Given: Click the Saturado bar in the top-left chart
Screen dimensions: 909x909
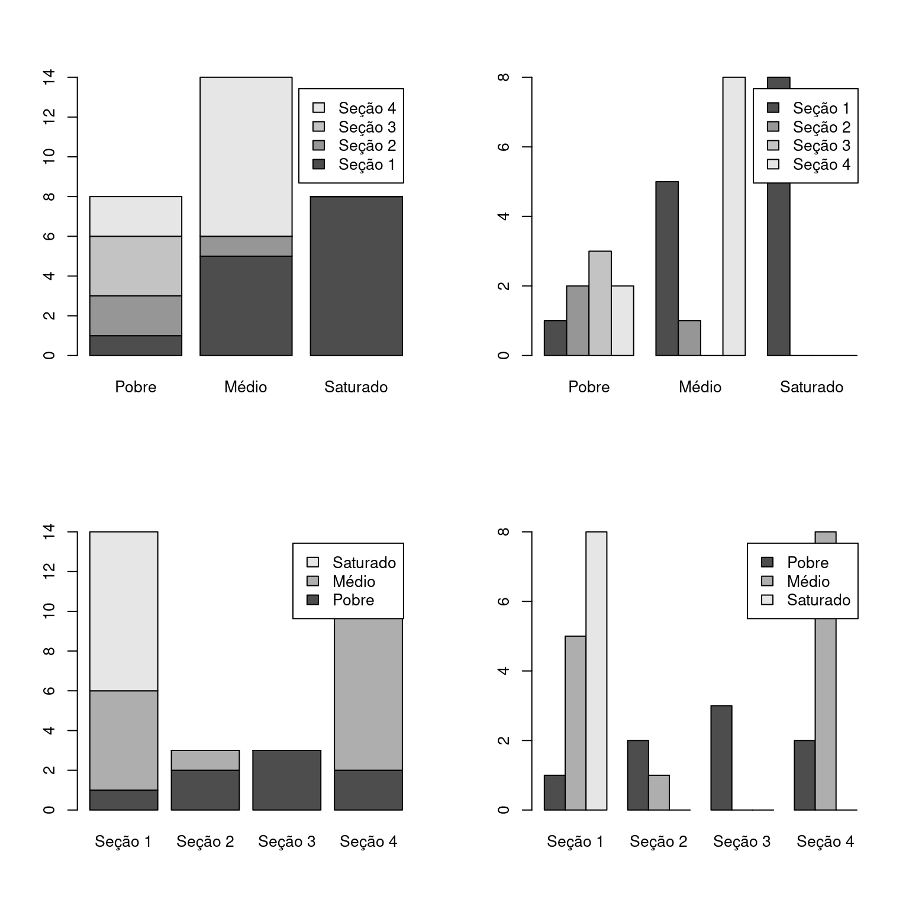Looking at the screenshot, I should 356,276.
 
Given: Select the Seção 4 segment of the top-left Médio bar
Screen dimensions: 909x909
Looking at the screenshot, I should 246,157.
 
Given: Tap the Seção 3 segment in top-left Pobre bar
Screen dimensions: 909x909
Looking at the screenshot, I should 136,266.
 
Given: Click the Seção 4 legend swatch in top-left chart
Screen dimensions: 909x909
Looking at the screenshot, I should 319,108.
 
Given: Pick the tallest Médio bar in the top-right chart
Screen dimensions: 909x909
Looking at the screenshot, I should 734,217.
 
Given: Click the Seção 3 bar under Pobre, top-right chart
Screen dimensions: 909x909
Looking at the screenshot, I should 600,303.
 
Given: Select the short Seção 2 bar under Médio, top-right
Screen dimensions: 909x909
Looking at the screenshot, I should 689,338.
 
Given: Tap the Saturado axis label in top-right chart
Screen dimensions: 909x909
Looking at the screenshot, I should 811,387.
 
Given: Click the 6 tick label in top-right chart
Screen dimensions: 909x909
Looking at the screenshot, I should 504,147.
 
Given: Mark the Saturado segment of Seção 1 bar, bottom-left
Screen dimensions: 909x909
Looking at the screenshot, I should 124,611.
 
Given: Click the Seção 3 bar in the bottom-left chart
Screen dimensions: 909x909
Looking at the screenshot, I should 286,780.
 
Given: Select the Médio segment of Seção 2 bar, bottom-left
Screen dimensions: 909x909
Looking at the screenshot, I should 205,760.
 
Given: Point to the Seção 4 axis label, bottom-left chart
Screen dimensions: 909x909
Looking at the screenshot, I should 368,842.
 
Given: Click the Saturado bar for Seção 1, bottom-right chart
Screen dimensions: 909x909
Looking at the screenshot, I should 596,671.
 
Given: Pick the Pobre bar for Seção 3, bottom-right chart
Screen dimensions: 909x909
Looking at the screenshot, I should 721,757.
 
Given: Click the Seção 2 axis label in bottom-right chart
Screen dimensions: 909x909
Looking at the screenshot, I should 658,842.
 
